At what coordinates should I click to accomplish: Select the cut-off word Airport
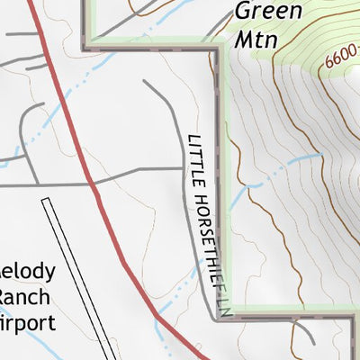27,322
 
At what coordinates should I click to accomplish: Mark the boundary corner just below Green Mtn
217,49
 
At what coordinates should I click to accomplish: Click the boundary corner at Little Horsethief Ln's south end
219,317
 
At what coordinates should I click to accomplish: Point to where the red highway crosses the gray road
93,183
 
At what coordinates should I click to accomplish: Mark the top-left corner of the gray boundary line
86,47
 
